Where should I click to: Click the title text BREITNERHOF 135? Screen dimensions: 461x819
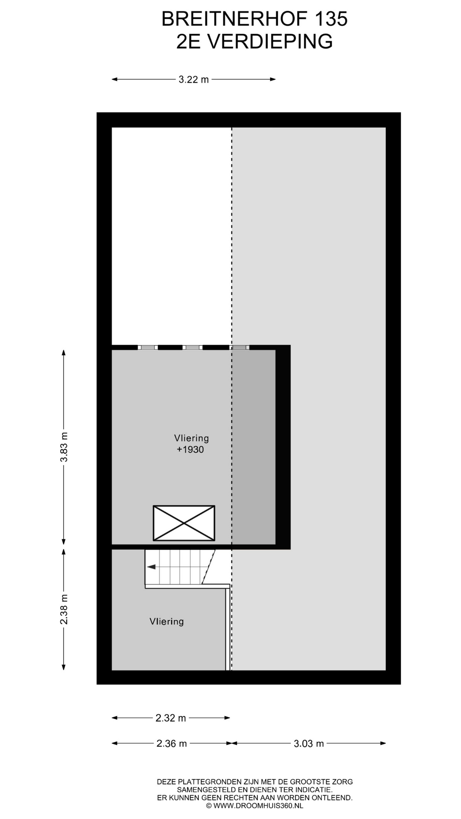pyautogui.click(x=254, y=19)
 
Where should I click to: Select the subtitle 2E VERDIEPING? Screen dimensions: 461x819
pyautogui.click(x=254, y=42)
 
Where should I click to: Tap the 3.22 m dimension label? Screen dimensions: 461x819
pyautogui.click(x=193, y=79)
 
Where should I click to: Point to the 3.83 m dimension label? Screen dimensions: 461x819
pyautogui.click(x=64, y=447)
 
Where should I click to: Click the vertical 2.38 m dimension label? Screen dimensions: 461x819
pyautogui.click(x=64, y=609)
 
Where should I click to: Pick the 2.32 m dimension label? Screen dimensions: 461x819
pyautogui.click(x=171, y=718)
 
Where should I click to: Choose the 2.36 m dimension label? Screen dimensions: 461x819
pyautogui.click(x=172, y=743)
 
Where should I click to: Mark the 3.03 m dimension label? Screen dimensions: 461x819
pyautogui.click(x=309, y=743)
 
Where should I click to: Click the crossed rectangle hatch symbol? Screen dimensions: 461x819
pyautogui.click(x=184, y=523)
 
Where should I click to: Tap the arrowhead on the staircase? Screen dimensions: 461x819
pyautogui.click(x=151, y=567)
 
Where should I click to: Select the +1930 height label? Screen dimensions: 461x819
pyautogui.click(x=190, y=450)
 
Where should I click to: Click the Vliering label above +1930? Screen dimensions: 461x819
pyautogui.click(x=191, y=438)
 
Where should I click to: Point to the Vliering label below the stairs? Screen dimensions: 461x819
pyautogui.click(x=166, y=622)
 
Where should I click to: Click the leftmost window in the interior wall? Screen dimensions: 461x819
pyautogui.click(x=148, y=347)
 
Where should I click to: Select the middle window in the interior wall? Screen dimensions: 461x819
pyautogui.click(x=193, y=347)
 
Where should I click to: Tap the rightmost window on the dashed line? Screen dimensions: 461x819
pyautogui.click(x=240, y=347)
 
